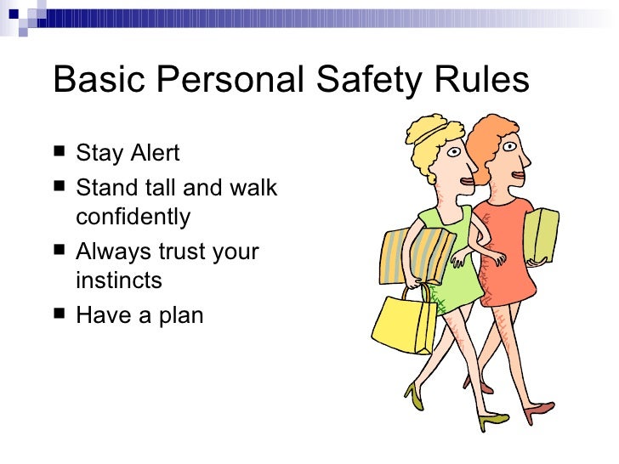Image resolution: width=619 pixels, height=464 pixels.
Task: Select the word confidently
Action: [133, 218]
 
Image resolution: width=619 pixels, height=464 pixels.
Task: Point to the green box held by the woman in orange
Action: [540, 235]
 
